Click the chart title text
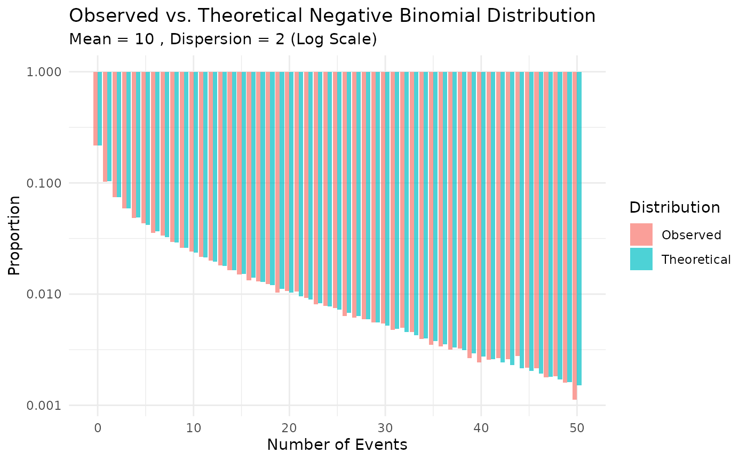[332, 16]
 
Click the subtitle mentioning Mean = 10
[223, 39]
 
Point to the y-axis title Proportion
[15, 236]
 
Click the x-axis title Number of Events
[337, 444]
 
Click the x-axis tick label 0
[98, 427]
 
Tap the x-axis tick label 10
[194, 427]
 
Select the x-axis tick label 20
[289, 427]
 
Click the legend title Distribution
[675, 207]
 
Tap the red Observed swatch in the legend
[641, 234]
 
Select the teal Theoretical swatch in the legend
[641, 259]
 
